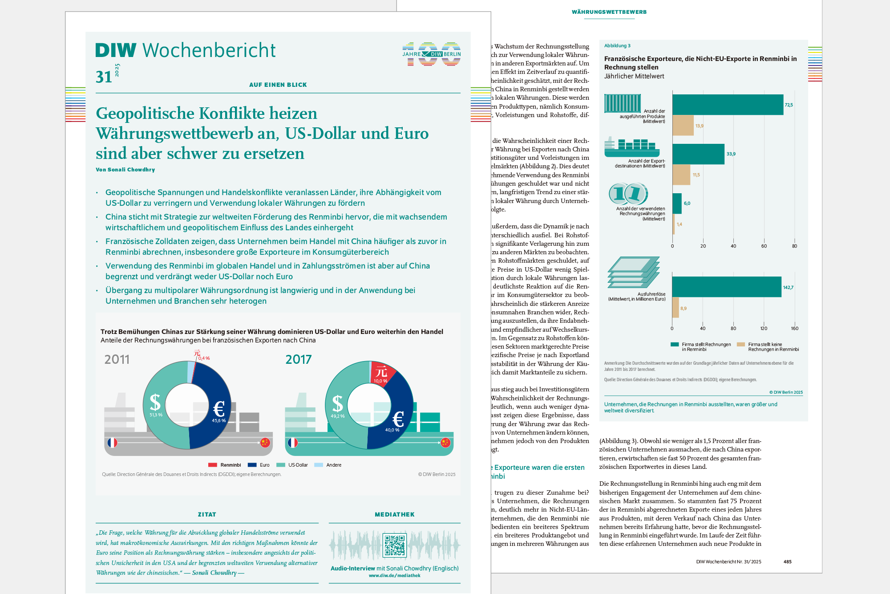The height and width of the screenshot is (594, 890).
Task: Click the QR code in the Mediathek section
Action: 394,545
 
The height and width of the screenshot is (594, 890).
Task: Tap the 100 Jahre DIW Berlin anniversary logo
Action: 431,54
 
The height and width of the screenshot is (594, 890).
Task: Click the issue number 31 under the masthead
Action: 104,77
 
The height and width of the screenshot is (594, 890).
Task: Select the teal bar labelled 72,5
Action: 728,105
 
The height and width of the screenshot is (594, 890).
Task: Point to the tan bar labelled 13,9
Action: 683,126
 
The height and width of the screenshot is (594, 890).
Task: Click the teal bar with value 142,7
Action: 726,287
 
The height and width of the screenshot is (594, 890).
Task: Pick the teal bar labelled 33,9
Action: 698,154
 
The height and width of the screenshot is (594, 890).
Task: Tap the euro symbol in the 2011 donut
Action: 218,408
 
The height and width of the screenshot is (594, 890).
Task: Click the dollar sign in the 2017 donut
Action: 337,403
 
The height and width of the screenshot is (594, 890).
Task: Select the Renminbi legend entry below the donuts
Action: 225,465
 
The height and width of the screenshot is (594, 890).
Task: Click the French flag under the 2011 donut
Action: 113,443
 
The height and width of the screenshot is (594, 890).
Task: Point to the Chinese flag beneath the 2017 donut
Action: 445,443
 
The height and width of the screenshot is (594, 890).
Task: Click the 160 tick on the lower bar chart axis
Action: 794,329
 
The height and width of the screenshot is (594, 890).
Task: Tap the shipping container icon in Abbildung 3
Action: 622,103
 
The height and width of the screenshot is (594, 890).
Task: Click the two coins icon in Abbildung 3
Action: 628,194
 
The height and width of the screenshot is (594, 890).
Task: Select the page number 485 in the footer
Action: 787,562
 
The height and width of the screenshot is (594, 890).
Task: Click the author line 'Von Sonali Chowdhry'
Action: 125,170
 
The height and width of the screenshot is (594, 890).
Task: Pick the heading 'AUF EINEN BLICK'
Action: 278,85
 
